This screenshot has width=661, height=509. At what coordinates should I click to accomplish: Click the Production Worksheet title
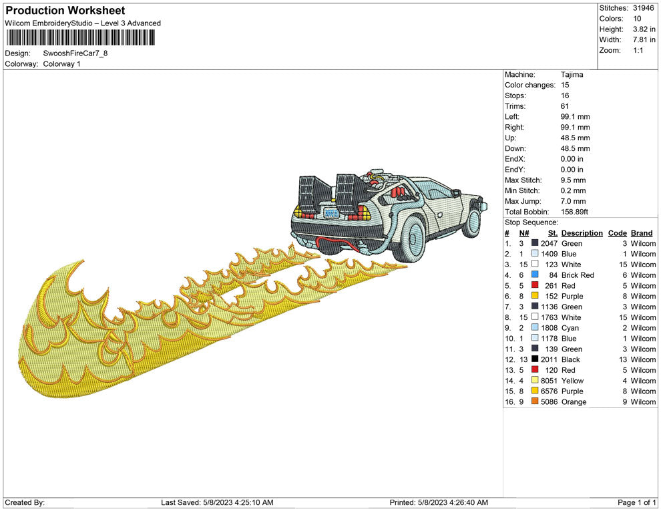pos(65,11)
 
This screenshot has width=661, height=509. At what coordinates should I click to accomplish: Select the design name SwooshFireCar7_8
pos(75,53)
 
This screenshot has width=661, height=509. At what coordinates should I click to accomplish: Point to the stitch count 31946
pos(644,8)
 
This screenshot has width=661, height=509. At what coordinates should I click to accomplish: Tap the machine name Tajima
pos(572,74)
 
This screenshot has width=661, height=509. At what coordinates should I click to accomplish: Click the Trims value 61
pos(565,106)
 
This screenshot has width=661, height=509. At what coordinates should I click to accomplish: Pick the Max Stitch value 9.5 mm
pos(573,180)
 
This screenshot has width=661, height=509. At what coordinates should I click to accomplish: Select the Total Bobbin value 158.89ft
pos(574,212)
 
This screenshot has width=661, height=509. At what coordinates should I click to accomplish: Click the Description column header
pos(582,233)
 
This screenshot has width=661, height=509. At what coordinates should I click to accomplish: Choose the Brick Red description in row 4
pos(578,275)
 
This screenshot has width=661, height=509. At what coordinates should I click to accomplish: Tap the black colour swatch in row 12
pos(535,359)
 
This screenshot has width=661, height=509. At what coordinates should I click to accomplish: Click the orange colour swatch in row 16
pos(535,401)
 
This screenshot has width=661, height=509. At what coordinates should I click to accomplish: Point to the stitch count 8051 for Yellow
pos(548,381)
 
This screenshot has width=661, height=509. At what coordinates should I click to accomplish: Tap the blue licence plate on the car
pos(330,214)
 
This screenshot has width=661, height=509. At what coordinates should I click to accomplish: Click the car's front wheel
pos(473,222)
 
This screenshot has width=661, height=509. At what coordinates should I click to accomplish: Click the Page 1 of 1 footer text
pos(637,502)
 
